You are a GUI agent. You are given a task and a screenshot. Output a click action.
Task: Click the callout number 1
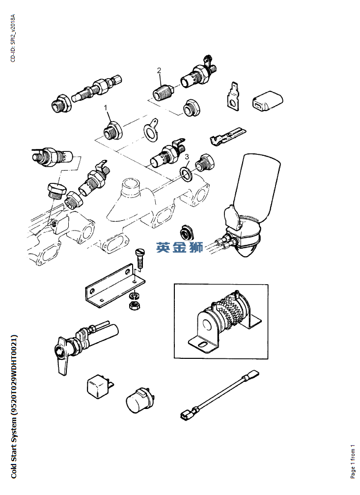click(106, 108)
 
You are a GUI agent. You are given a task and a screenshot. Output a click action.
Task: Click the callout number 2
click(159, 70)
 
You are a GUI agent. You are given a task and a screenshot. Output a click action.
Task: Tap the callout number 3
click(187, 157)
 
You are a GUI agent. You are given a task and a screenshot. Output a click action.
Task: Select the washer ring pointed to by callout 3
click(186, 175)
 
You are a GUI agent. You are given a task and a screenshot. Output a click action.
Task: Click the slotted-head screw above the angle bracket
click(139, 259)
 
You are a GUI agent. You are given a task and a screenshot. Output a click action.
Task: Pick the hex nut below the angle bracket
click(135, 305)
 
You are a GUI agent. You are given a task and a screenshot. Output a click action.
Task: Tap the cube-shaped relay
click(99, 385)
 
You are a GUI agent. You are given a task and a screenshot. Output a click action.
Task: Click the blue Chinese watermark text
click(180, 247)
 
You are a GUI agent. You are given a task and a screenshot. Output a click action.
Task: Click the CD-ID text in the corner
click(13, 38)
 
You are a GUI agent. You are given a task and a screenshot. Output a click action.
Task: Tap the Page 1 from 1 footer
click(353, 462)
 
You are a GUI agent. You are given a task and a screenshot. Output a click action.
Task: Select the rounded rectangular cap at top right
click(267, 101)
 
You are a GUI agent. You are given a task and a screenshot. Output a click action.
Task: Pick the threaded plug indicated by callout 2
click(163, 91)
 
